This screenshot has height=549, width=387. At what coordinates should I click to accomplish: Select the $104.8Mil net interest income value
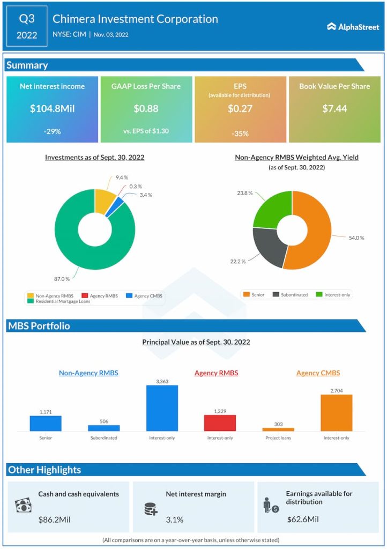point(52,108)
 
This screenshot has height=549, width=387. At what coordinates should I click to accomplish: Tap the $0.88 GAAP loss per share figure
point(146,108)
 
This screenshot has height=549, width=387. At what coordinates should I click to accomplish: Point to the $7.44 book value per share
point(334,108)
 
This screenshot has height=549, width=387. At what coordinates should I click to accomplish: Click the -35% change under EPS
point(240,133)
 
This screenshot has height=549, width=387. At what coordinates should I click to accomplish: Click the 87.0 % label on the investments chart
point(62,279)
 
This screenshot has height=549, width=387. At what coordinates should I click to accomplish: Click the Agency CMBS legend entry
point(146,295)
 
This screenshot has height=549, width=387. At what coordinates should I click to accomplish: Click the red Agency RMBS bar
point(220,423)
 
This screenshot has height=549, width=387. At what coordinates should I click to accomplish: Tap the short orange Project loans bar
point(278,429)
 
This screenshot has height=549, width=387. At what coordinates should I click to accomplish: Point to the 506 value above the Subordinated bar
point(104,421)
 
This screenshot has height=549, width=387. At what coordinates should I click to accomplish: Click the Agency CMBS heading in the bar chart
point(318,373)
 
